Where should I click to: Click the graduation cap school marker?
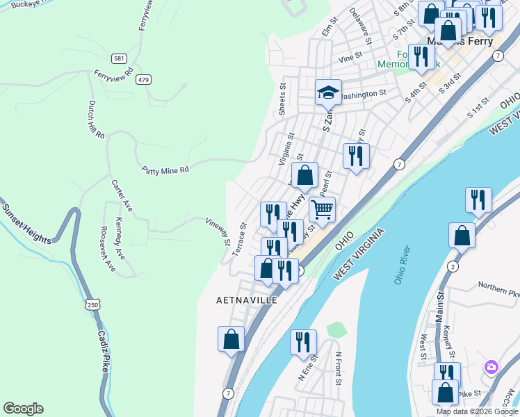coord(328,91)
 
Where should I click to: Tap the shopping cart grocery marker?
coord(322,208)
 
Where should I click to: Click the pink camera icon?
coord(491,366)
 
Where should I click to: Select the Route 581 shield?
coord(120,59)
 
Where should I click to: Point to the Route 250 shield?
coord(93,304)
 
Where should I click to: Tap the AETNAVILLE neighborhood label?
coord(247,300)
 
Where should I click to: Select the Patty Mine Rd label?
coord(165,170)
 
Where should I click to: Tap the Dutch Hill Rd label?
coord(95,119)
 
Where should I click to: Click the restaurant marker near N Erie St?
coord(303,343)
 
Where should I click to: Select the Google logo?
coord(23,409)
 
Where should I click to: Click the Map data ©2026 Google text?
coord(476,411)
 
